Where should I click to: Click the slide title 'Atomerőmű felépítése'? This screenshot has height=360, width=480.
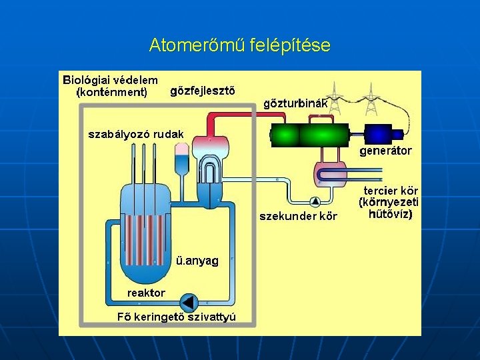(239, 45)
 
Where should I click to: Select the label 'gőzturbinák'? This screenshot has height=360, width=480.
(295, 103)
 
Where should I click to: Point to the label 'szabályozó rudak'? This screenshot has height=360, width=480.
(136, 134)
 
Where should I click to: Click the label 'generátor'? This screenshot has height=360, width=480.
(385, 151)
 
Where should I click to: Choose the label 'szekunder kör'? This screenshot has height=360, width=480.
(298, 216)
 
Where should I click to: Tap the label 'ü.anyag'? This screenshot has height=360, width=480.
(197, 261)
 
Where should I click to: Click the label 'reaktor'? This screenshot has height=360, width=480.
(146, 293)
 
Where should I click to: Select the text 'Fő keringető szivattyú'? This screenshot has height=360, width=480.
(177, 316)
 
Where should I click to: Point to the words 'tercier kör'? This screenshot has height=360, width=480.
(391, 191)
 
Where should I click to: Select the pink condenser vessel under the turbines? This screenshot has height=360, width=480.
(330, 175)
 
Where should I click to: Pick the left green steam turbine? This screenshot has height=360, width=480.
(285, 135)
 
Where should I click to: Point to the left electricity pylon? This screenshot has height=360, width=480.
(335, 97)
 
